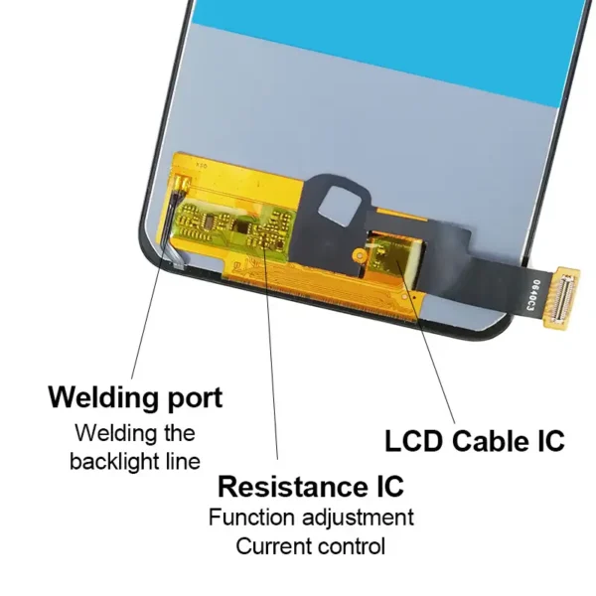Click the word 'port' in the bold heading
(195, 398)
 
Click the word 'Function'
(251, 518)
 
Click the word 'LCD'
(414, 441)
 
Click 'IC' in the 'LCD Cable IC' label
(551, 441)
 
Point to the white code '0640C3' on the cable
(532, 296)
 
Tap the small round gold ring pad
(359, 255)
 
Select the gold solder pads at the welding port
(182, 184)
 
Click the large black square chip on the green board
(241, 226)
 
